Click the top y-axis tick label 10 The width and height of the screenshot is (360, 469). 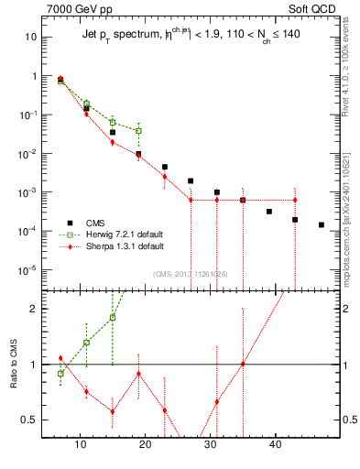31,38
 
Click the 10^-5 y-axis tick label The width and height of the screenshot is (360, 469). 28,270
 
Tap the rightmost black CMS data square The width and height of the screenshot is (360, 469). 322,224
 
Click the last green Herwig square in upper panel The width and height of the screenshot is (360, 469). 138,131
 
